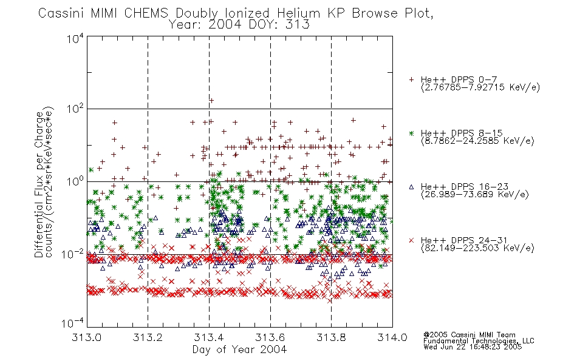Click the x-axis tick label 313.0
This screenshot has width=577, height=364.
coord(86,337)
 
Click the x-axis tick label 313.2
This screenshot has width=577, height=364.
coord(148,337)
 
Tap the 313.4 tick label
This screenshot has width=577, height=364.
coord(209,337)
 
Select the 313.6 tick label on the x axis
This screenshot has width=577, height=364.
coord(270,337)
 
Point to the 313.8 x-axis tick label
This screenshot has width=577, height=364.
coord(331,337)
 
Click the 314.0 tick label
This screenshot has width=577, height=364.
coord(392,337)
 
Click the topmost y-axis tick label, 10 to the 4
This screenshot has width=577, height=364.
coord(75,38)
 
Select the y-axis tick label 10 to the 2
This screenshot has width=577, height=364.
coord(75,109)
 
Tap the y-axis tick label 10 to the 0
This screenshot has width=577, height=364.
coord(75,181)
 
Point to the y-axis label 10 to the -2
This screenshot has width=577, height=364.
coord(73,254)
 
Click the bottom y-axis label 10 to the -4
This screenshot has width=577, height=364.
coord(73,323)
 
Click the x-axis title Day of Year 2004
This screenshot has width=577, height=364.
coord(239,349)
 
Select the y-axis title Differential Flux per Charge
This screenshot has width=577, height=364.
coord(39,184)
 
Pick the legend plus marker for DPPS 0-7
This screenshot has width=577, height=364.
coord(411,79)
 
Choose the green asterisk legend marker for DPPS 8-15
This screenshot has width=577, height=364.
coord(411,133)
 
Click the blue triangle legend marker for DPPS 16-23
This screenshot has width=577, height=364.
coord(411,187)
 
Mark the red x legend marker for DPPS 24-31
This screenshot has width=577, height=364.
coord(411,240)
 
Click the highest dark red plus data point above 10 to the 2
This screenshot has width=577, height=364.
coord(211,100)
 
